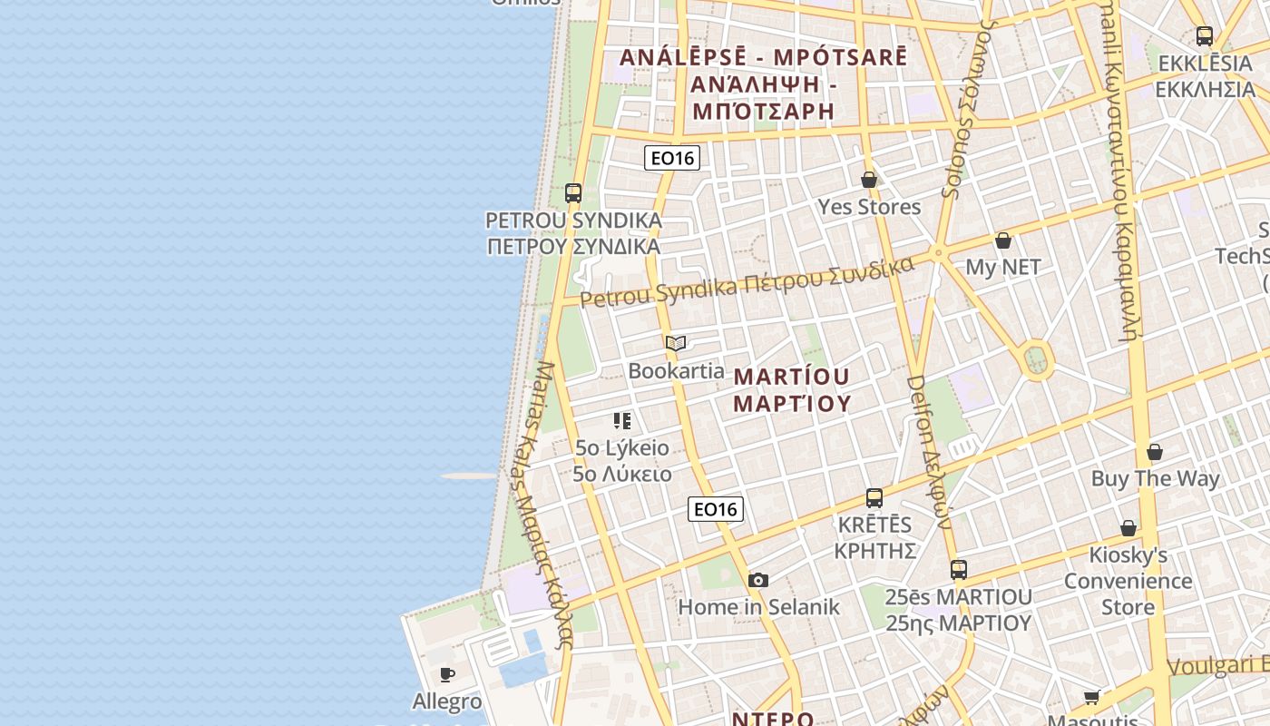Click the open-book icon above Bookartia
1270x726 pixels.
tap(675, 343)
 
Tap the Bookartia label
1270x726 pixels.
tap(676, 370)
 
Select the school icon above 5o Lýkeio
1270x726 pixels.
tap(621, 420)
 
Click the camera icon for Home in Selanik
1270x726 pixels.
tap(758, 580)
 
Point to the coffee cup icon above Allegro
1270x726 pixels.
tap(447, 674)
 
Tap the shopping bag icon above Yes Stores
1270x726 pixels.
tap(869, 180)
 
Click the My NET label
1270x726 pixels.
tap(1002, 267)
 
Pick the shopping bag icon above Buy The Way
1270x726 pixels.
tap(1155, 451)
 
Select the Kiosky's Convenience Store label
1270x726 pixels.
tap(1128, 581)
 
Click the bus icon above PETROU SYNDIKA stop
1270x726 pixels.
tap(573, 192)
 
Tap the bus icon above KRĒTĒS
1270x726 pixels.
tap(874, 497)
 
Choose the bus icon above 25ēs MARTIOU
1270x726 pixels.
tap(959, 570)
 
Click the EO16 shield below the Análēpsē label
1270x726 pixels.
tap(672, 158)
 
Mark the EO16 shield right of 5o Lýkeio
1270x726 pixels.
tap(716, 509)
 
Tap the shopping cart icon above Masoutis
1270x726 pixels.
tap(1092, 697)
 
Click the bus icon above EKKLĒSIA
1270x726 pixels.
tap(1205, 36)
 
